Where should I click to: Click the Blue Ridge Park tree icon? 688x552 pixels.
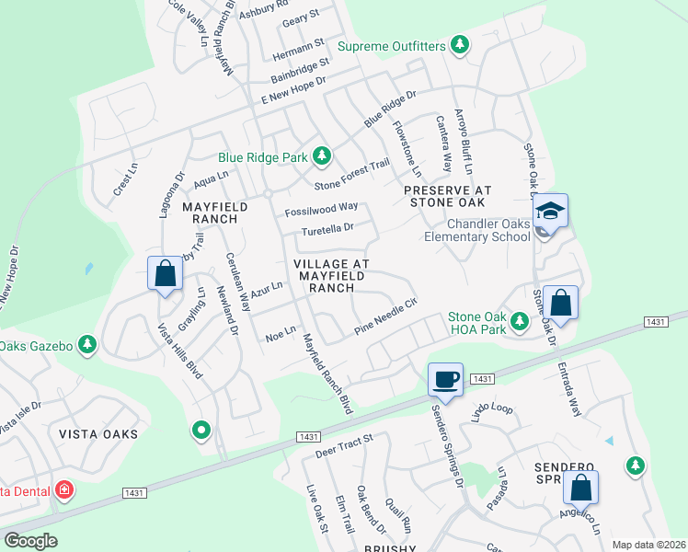322,156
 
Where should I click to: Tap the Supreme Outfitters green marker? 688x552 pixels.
459,45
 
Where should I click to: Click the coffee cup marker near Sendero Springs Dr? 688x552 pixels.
446,378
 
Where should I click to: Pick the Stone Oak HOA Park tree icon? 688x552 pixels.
520,322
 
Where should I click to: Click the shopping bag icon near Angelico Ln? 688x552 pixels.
581,487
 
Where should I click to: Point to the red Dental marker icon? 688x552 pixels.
64,489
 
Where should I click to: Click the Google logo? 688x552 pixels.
30,541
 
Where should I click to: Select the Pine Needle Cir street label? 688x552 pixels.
386,315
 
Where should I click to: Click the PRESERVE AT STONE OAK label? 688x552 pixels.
448,196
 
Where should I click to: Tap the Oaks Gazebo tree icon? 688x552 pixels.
87,345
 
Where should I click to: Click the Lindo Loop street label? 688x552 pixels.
491,407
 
